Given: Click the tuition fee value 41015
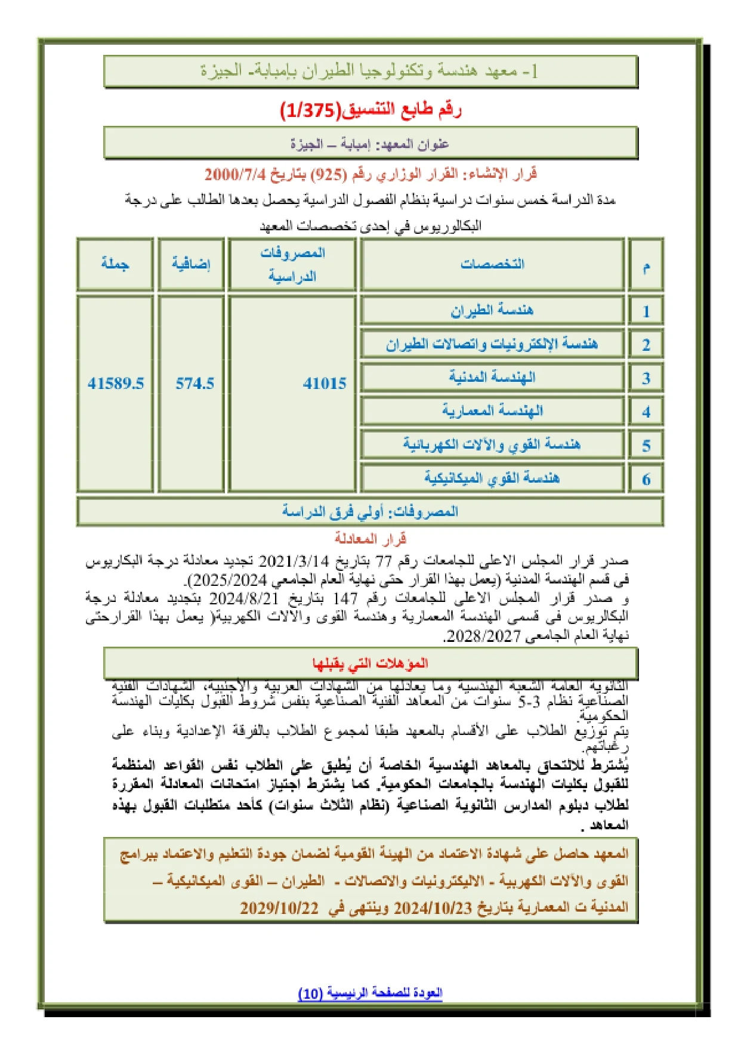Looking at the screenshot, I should pyautogui.click(x=325, y=383).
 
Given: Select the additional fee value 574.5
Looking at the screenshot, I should pyautogui.click(x=194, y=383).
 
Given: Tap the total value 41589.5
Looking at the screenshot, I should pyautogui.click(x=116, y=383).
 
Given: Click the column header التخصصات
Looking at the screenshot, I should pyautogui.click(x=492, y=264).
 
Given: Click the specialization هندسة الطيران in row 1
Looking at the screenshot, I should pyautogui.click(x=492, y=310).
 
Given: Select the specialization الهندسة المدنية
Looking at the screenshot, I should pyautogui.click(x=492, y=377).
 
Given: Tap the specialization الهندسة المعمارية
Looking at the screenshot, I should pyautogui.click(x=492, y=410).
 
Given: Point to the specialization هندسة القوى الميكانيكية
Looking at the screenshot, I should pyautogui.click(x=492, y=478).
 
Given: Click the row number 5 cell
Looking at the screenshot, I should pyautogui.click(x=646, y=445).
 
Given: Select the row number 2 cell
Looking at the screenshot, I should pyautogui.click(x=646, y=344).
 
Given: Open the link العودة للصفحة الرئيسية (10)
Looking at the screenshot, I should pyautogui.click(x=370, y=993).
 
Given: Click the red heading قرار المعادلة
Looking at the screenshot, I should pyautogui.click(x=370, y=539).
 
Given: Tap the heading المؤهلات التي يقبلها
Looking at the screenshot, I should pyautogui.click(x=370, y=663).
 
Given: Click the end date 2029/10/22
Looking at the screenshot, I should pyautogui.click(x=279, y=907).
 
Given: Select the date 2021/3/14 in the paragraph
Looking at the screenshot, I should pyautogui.click(x=294, y=561).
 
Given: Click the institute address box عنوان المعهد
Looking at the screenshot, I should pyautogui.click(x=370, y=144).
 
